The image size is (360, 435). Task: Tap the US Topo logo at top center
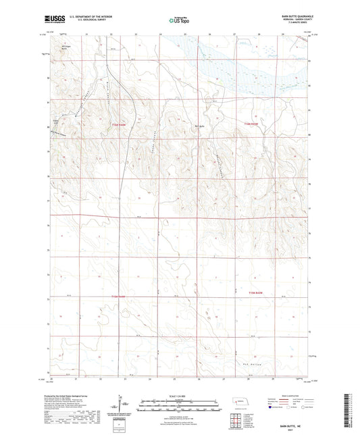[x=178, y=20]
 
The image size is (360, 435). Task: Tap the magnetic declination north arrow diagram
[x=122, y=405]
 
